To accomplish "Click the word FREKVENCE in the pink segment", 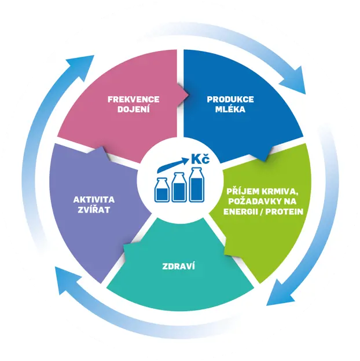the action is (x=134, y=100).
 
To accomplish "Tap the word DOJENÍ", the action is (x=134, y=109).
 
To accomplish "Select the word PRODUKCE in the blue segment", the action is (x=230, y=100).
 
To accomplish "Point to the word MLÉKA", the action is (x=230, y=109).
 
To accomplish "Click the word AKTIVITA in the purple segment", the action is (x=94, y=199).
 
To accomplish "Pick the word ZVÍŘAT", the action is (x=94, y=209).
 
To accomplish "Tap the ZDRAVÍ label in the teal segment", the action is (x=178, y=266).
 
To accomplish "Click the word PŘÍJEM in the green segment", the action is (x=240, y=191).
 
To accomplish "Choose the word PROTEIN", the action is (x=284, y=212).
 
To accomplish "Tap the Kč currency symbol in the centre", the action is (x=200, y=159).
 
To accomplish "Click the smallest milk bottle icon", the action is (x=162, y=190).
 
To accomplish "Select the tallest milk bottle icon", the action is (x=197, y=185).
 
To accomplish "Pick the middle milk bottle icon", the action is (x=179, y=187).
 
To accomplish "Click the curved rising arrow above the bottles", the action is (x=172, y=165).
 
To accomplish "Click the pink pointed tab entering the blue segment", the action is (x=183, y=94).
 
